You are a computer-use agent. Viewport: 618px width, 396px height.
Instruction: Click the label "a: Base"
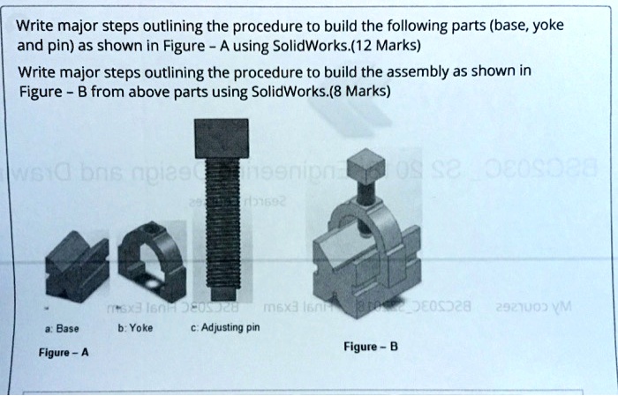coord(64,328)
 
